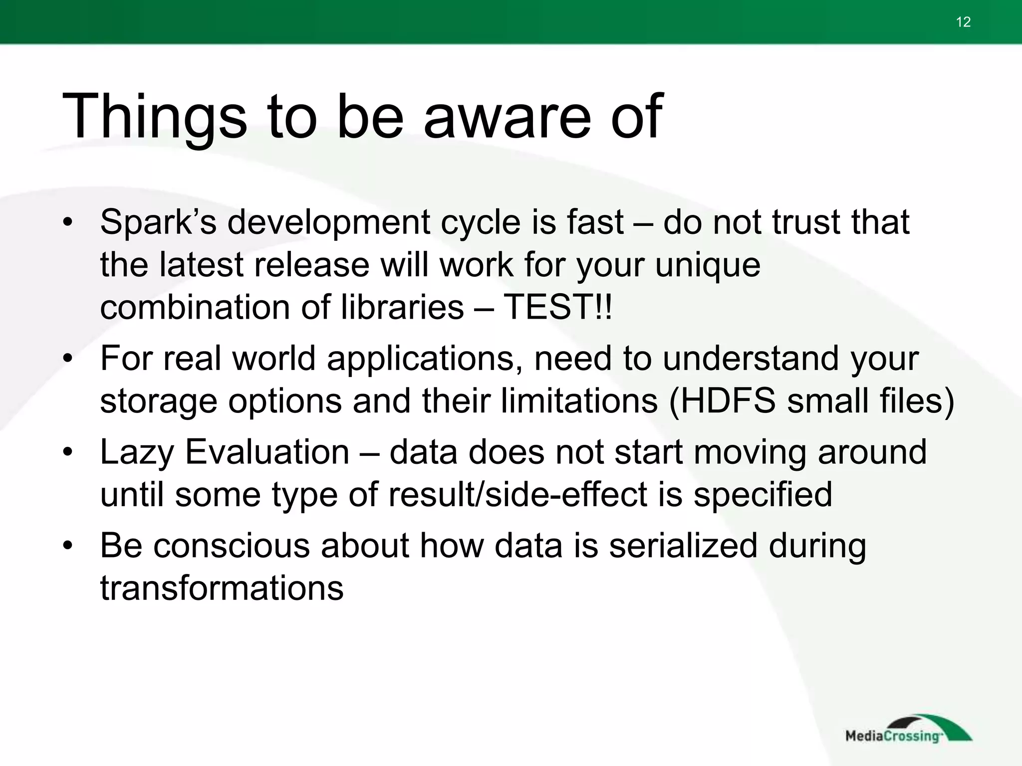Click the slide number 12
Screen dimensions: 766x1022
coord(963,22)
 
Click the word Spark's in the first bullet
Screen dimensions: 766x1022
coord(158,222)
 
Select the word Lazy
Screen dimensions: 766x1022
coord(137,453)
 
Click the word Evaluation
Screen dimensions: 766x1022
coord(267,452)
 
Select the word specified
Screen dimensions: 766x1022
coord(763,494)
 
